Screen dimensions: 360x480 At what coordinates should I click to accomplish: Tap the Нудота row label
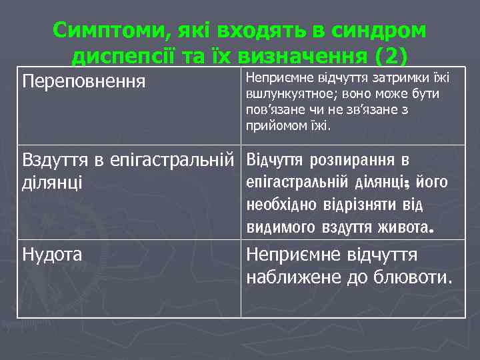click(53, 254)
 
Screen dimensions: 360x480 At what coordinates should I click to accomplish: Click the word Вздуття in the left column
click(53, 161)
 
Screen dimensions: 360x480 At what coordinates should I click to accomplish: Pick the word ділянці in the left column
click(53, 182)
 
